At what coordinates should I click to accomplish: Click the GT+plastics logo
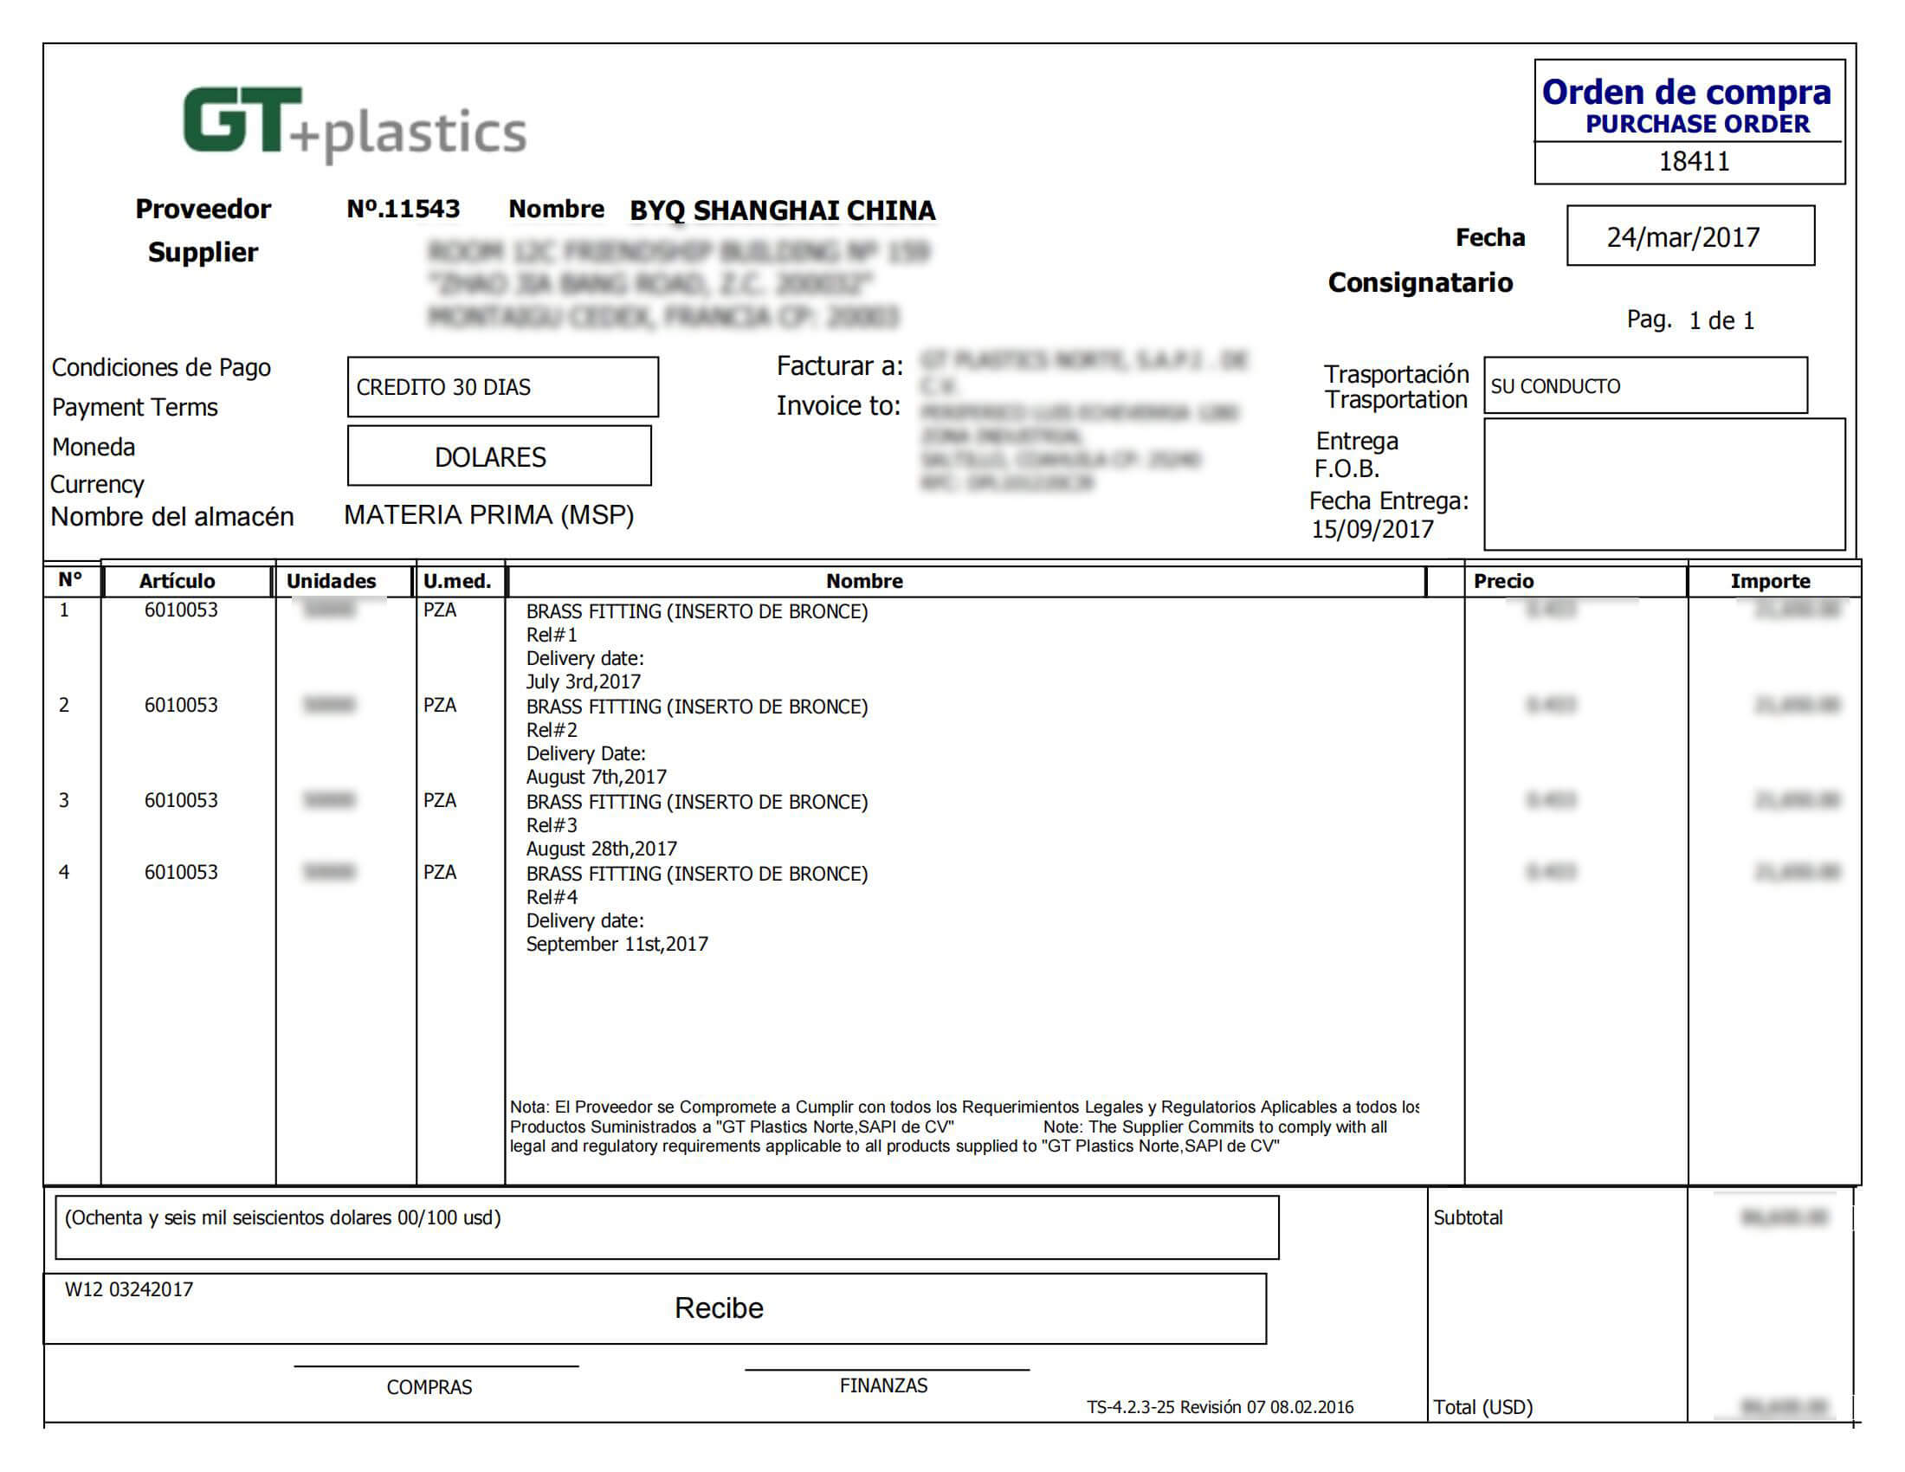tap(354, 125)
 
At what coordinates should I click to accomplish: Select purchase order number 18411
tap(1693, 162)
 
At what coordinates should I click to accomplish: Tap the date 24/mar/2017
tap(1682, 237)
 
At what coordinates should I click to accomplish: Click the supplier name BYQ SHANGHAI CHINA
tap(783, 211)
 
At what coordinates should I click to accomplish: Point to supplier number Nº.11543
tap(403, 210)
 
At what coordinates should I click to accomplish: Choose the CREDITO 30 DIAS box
tap(502, 387)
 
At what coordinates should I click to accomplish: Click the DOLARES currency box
tap(499, 457)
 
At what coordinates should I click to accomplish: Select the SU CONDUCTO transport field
tap(1644, 386)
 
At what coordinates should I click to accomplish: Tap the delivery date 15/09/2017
tap(1372, 530)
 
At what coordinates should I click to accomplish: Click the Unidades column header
tap(332, 582)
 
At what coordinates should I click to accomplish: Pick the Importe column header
tap(1770, 582)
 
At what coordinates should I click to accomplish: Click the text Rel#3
tap(552, 825)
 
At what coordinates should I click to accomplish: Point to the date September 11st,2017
tap(617, 945)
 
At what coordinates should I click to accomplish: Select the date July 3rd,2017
tap(583, 682)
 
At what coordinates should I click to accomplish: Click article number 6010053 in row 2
tap(182, 706)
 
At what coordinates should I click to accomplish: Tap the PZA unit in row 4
tap(440, 872)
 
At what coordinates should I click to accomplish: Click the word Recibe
tap(719, 1308)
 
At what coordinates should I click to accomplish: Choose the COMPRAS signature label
tap(429, 1387)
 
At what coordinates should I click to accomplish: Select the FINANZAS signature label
tap(883, 1385)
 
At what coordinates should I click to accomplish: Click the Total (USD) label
tap(1482, 1407)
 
